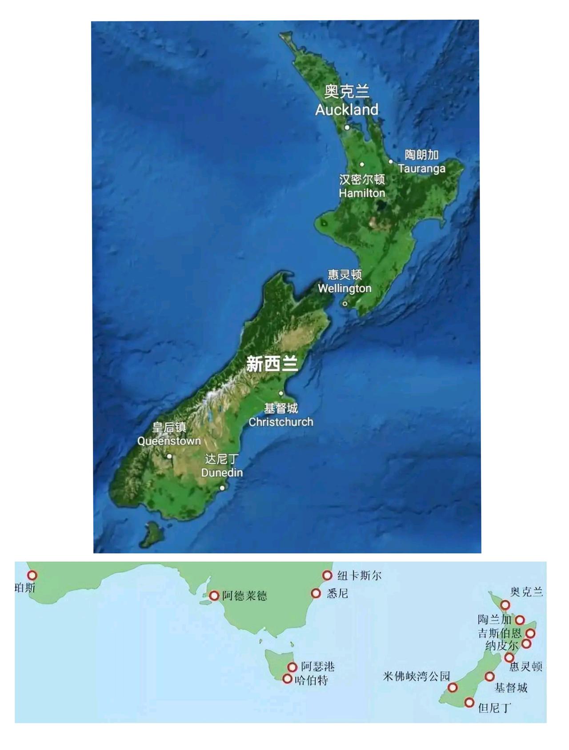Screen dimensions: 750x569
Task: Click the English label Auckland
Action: point(347,110)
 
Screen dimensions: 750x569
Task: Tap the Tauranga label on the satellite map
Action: point(421,169)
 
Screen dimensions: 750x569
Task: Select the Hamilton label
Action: point(362,193)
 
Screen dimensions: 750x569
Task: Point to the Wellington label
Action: point(345,289)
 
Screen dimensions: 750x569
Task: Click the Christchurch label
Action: point(280,422)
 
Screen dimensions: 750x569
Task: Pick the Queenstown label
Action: point(169,441)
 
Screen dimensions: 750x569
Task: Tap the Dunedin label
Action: point(222,473)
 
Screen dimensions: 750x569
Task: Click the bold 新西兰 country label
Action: point(272,365)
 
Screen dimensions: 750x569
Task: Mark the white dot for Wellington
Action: point(345,304)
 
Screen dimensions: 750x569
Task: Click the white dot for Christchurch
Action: point(281,393)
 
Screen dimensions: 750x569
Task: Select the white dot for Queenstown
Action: point(169,456)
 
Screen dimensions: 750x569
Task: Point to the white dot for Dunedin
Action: point(222,488)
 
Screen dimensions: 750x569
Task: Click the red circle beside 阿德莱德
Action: point(214,595)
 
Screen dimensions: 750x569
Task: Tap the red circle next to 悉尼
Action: point(316,593)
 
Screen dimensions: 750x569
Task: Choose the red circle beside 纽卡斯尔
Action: point(327,575)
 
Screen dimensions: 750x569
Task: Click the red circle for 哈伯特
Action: point(288,679)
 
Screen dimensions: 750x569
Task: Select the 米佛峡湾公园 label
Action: point(417,676)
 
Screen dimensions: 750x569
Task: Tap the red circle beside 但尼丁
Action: point(469,702)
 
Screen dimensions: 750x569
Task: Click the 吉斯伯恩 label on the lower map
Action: point(500,633)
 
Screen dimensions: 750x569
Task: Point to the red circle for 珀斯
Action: point(32,575)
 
